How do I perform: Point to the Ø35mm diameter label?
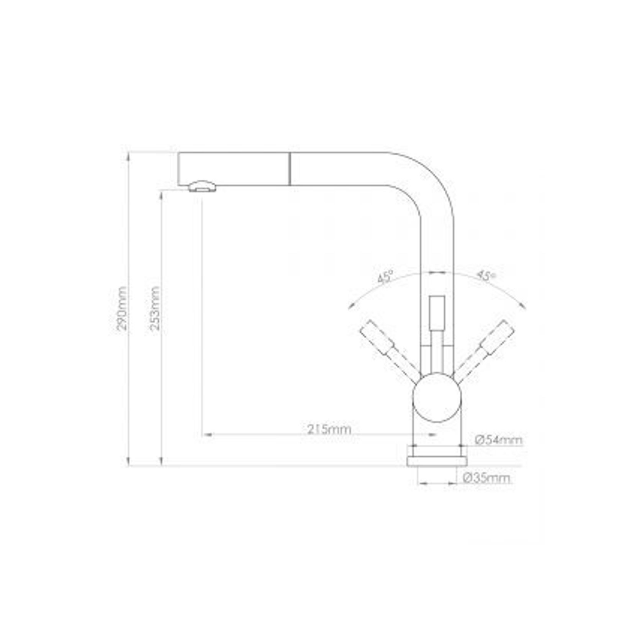(486, 478)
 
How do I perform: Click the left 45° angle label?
(385, 276)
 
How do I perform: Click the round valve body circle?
(437, 398)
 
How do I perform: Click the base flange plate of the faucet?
(437, 461)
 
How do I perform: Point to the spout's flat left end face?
(179, 169)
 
